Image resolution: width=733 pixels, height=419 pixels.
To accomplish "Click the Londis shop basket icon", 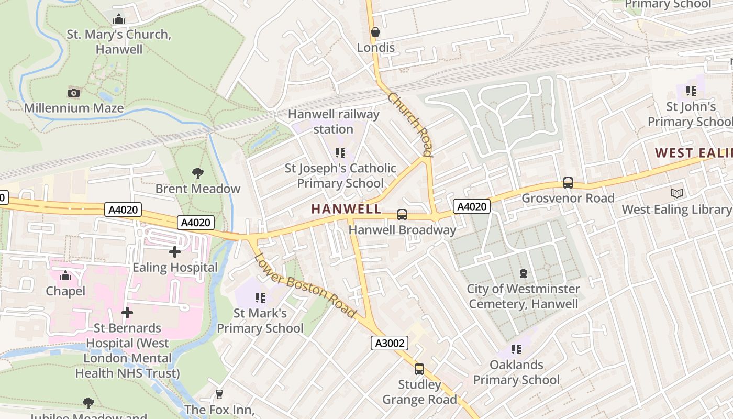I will pos(375,32).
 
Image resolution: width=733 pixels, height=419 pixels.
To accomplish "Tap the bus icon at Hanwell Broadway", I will pos(402,214).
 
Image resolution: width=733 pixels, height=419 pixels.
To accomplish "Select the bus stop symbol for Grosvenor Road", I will pos(568,183).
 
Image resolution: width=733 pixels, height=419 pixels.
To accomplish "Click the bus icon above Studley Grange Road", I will pos(419,369).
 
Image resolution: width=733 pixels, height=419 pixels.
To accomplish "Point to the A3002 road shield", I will pos(390,343).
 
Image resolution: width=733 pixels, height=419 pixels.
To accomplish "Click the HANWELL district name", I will pos(347,209).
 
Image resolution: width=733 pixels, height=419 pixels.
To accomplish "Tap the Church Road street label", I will pos(410,125).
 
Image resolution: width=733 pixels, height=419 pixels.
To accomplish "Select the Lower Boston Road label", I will pos(305,285).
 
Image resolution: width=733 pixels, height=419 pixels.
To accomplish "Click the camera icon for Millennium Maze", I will pos(74,93).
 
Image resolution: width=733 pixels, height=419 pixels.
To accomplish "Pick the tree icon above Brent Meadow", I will pos(198,173).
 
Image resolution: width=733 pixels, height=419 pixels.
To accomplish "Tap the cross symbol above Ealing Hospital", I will pos(175,252).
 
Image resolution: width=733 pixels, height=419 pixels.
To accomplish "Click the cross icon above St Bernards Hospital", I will pos(127,313).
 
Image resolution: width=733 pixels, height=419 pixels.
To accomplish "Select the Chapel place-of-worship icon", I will pos(65,275).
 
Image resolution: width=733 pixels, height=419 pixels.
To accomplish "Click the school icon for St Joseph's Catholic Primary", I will pos(340,153).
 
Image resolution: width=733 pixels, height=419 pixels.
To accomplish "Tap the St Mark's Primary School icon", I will pos(260,298).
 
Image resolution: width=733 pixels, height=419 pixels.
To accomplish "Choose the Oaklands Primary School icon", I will pos(516,349).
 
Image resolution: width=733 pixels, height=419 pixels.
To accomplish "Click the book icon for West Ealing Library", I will pos(677,194).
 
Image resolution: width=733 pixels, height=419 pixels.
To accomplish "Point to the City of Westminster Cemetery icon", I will pos(523,273).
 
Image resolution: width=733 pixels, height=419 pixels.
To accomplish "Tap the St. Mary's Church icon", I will pos(119,19).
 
